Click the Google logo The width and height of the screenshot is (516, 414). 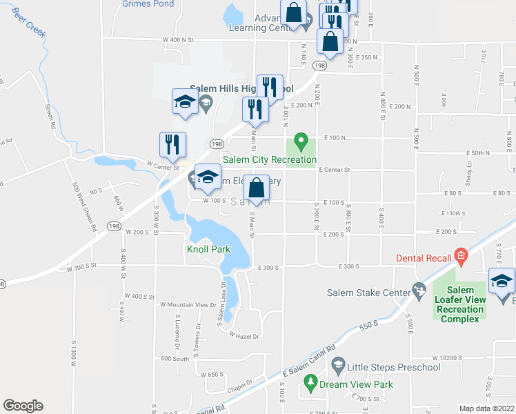click(23, 406)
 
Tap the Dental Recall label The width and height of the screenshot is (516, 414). click(424, 259)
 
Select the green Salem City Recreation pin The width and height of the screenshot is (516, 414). click(300, 143)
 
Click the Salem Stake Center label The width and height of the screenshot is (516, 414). click(368, 293)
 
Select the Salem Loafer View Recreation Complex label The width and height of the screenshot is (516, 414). click(460, 304)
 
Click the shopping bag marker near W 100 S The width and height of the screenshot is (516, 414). click(256, 189)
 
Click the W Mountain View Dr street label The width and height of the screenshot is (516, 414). click(188, 304)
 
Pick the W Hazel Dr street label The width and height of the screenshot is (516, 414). click(244, 336)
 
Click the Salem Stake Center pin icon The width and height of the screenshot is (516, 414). click(419, 290)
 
